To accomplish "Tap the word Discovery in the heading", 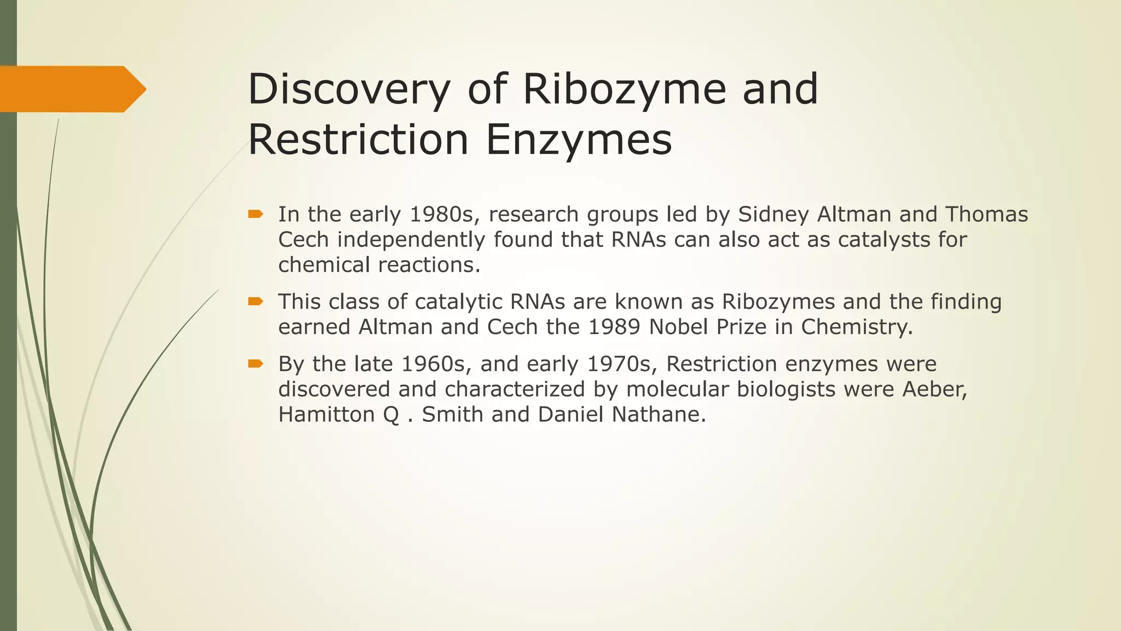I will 349,89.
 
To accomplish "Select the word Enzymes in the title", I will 579,140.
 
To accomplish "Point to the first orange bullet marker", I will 256,214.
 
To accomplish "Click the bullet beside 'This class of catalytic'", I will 256,301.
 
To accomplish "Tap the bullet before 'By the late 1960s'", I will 256,364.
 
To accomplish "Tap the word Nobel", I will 680,326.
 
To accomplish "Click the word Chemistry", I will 857,326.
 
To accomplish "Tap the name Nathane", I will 658,414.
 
